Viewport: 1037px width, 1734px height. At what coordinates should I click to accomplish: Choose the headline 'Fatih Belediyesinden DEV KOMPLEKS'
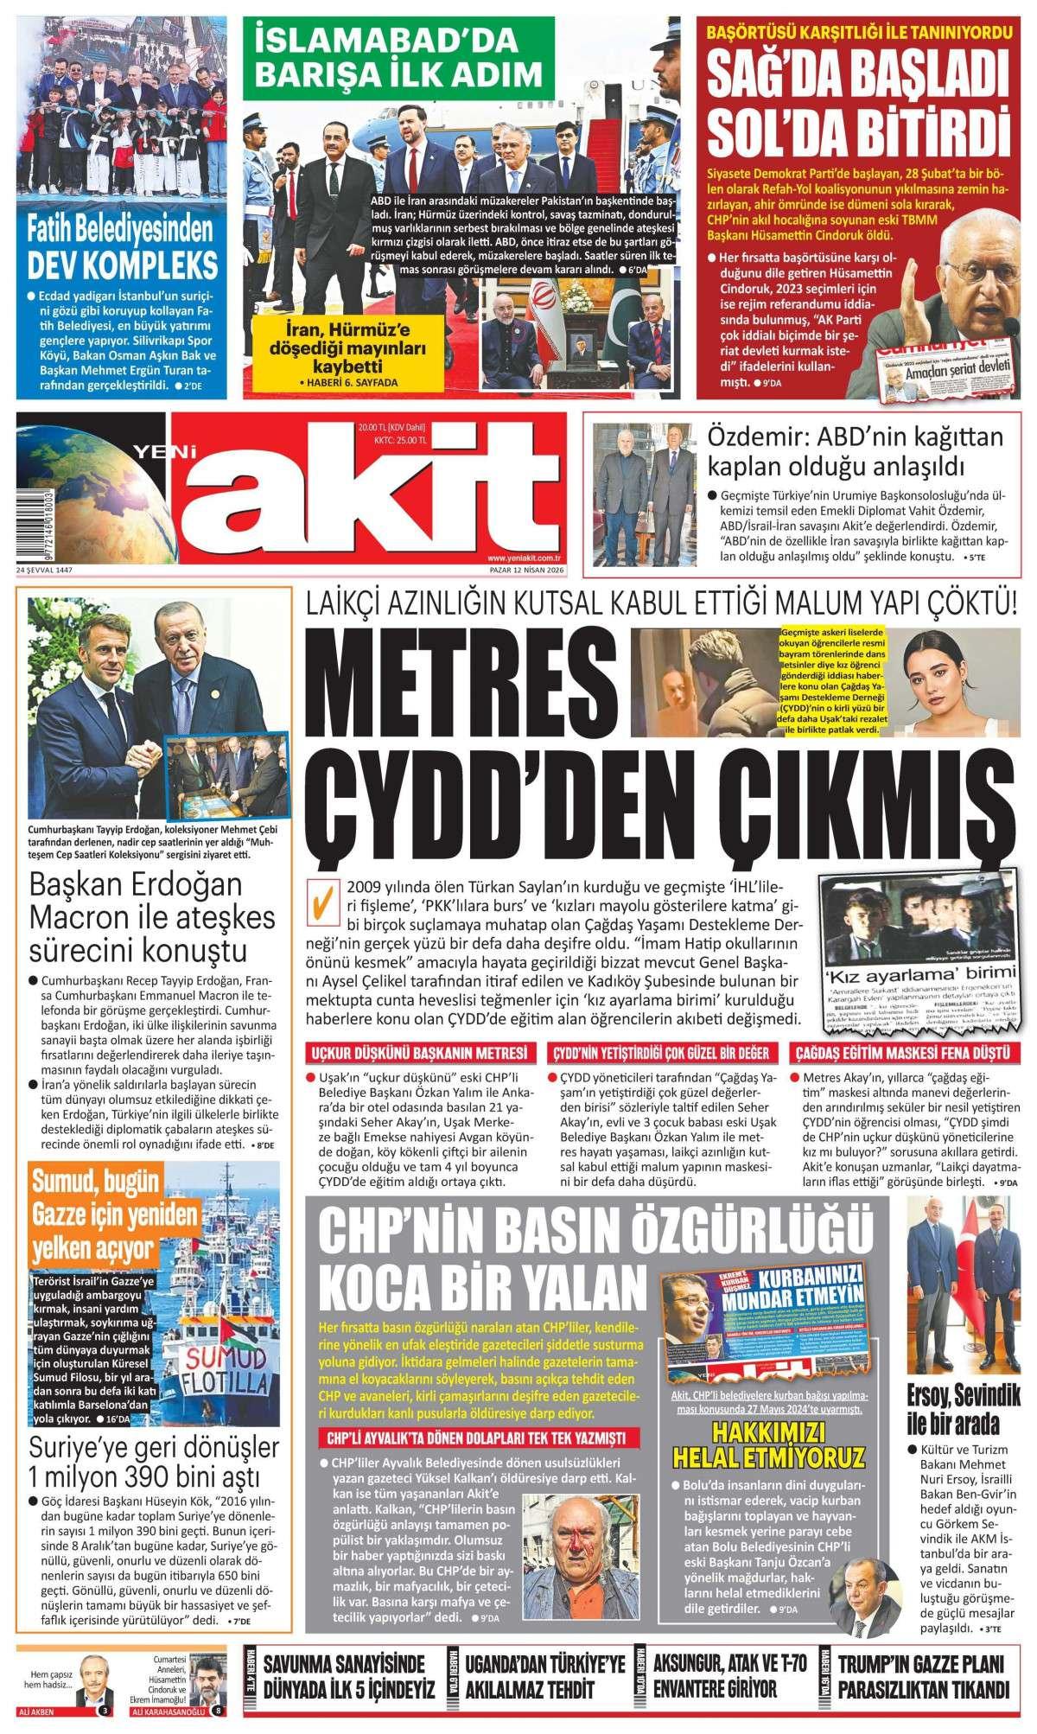tap(121, 246)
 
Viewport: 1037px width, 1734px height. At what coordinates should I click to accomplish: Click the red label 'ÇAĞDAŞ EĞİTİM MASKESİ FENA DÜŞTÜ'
tap(904, 1053)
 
